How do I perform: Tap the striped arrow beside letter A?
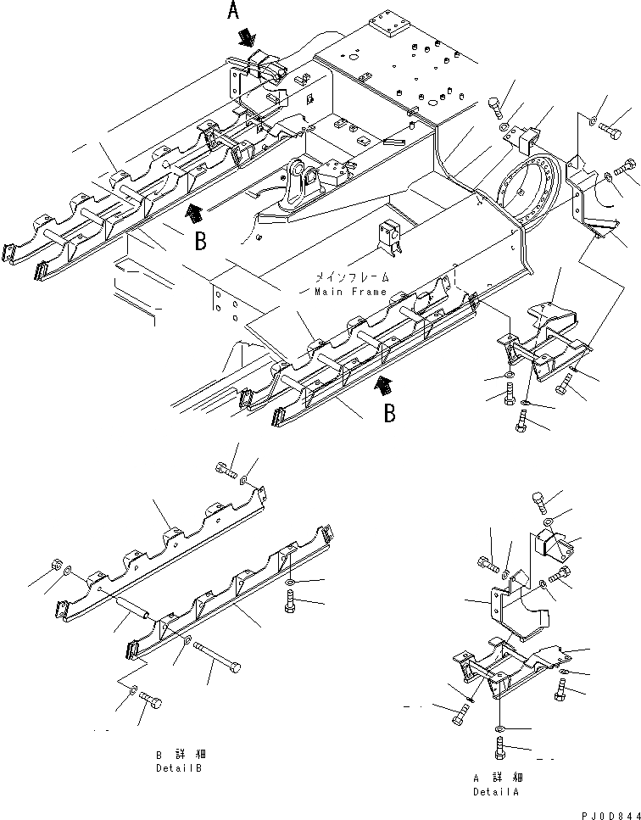(x=248, y=36)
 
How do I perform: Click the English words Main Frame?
(x=350, y=292)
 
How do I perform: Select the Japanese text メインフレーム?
(x=350, y=277)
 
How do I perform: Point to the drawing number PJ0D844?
(x=605, y=812)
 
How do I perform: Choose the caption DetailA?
(x=496, y=791)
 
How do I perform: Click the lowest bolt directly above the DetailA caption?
(x=498, y=750)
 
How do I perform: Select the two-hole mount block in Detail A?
(x=555, y=544)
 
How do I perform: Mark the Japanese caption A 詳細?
(x=496, y=777)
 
